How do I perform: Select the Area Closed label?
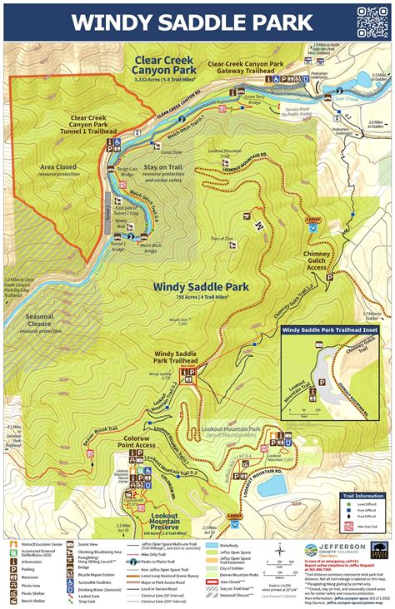coord(58,171)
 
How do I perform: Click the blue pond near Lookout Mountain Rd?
coord(277,483)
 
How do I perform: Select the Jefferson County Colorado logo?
coord(333,552)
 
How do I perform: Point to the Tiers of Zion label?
coord(222,239)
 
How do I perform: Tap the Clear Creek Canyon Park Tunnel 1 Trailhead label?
coord(92,124)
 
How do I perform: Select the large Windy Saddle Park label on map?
coord(201,287)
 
